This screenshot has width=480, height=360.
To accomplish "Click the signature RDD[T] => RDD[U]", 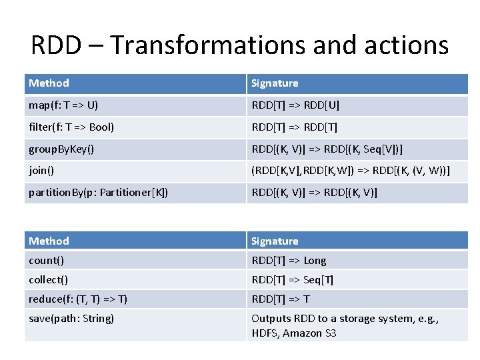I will (295, 105).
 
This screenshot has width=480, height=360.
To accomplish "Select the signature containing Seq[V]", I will (327, 149).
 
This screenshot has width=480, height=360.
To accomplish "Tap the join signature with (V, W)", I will (350, 171).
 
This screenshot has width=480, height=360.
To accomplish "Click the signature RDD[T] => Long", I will (289, 261).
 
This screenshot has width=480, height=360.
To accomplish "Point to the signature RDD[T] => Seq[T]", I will (292, 280).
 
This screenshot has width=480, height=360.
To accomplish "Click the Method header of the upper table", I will (49, 83).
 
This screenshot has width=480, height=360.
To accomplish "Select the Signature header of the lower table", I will (275, 241).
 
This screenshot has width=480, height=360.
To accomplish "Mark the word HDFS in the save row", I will (265, 333).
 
